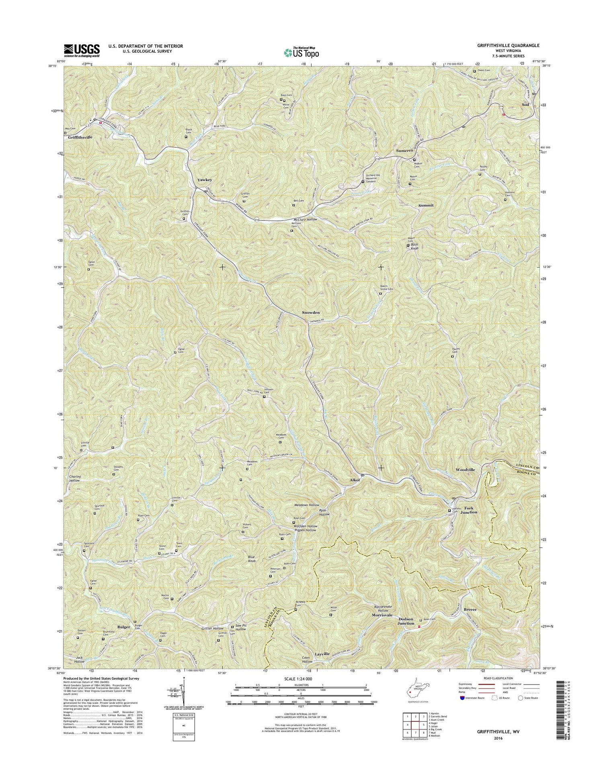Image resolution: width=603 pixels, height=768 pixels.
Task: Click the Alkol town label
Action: pos(355,480)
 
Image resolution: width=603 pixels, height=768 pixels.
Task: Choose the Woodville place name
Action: pos(465,470)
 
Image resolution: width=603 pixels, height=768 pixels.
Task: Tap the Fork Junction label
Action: pos(468,510)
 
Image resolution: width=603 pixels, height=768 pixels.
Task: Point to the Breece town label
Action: pos(470,609)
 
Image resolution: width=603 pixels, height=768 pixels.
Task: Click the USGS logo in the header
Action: pos(82,50)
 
